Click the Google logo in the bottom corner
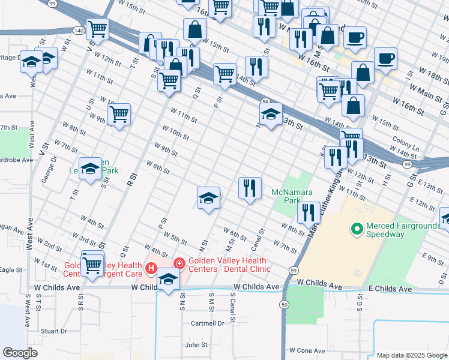point(20,353)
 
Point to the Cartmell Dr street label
point(207,322)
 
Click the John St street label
point(196,345)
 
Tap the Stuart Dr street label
point(54,331)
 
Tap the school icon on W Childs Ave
point(169,280)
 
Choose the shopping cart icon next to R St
point(119,113)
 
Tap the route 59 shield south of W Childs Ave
point(283,305)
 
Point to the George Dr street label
point(53,166)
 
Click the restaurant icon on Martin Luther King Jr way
point(309,212)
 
